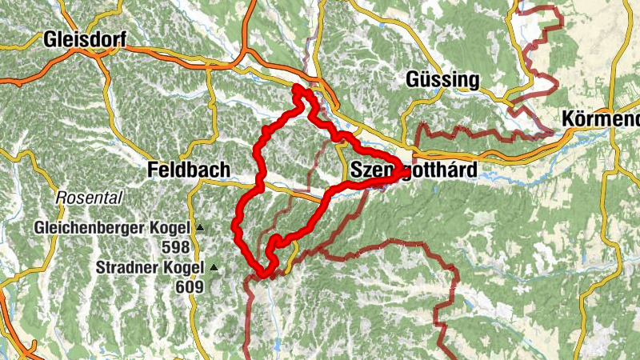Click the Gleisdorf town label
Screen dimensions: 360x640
click(86, 39)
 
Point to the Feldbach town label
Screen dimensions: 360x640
click(189, 170)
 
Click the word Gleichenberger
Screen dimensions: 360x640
click(88, 228)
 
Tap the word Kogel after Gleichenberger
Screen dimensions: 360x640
click(169, 228)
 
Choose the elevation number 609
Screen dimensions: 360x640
click(192, 286)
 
